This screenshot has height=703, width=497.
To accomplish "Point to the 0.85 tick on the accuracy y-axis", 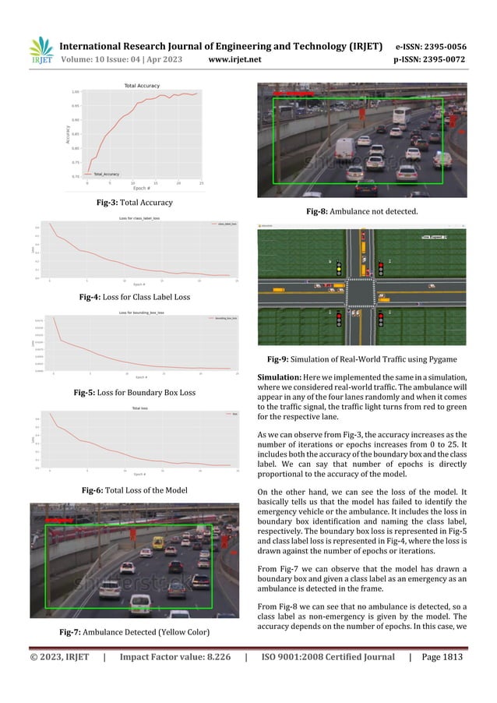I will tap(76, 134).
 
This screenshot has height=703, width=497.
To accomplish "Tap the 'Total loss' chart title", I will tap(141, 408).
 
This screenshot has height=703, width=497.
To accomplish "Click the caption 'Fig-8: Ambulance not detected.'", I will tap(362, 211).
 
